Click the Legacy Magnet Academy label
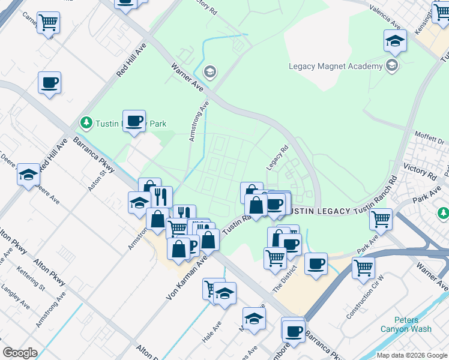336,66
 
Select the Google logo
20,353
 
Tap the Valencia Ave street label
384,23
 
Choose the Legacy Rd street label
277,157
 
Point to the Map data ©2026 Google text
412,355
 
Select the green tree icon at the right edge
443,213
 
